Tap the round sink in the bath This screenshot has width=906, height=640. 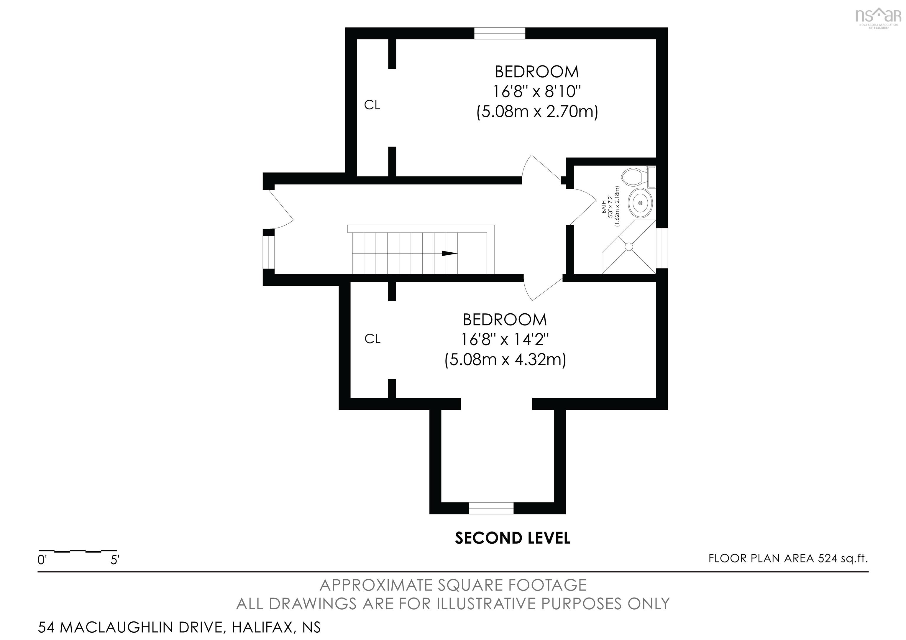pyautogui.click(x=640, y=202)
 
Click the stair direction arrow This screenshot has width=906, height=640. pyautogui.click(x=449, y=254)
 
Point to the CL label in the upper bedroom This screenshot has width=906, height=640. pyautogui.click(x=372, y=105)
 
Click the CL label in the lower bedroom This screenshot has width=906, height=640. pyautogui.click(x=372, y=339)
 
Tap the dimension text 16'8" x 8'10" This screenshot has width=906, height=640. pyautogui.click(x=537, y=92)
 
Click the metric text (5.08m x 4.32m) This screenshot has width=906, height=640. pyautogui.click(x=505, y=360)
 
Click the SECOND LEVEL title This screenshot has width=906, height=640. pyautogui.click(x=512, y=538)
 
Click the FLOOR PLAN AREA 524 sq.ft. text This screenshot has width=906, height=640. pyautogui.click(x=788, y=558)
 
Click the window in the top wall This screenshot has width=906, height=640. pyautogui.click(x=500, y=34)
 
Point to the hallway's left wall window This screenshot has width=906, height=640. pyautogui.click(x=269, y=252)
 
